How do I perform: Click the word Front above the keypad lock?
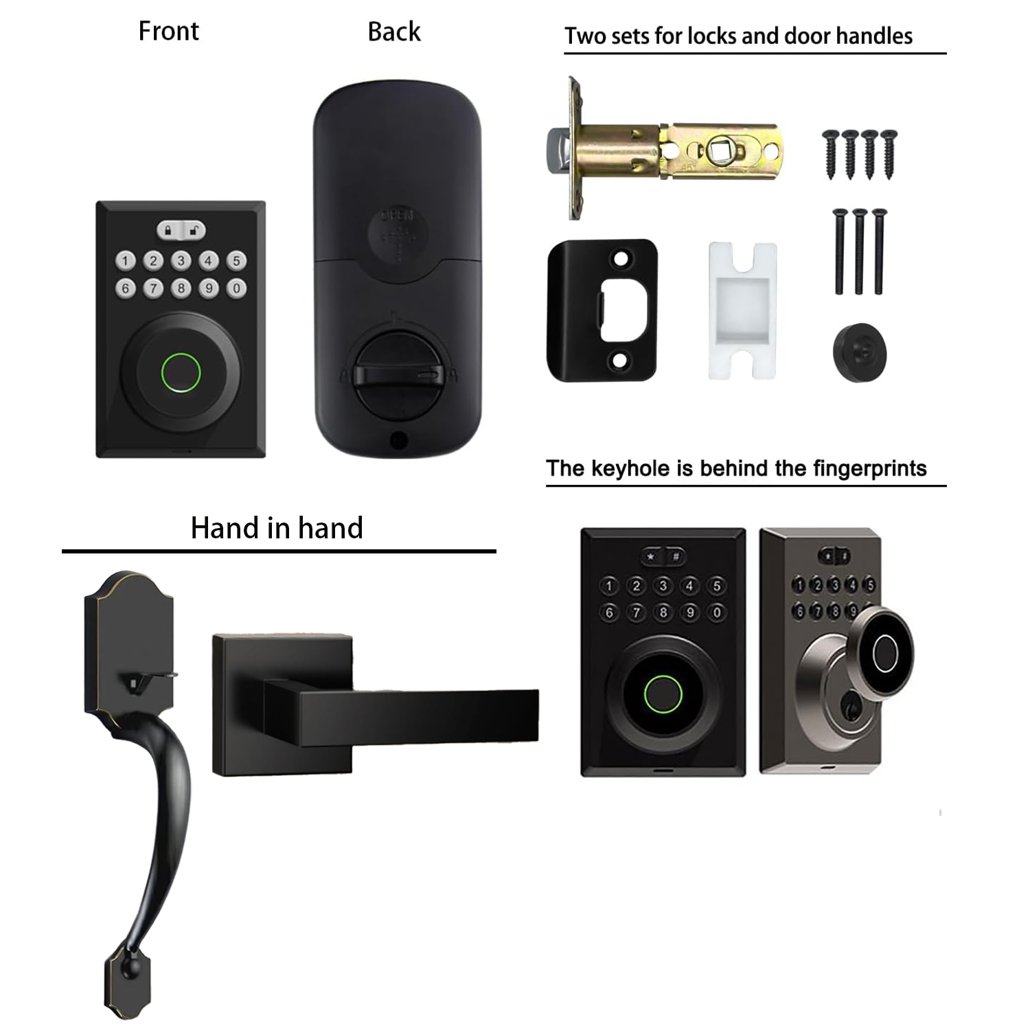(x=168, y=32)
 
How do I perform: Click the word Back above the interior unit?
(x=393, y=32)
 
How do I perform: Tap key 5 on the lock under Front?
(x=236, y=261)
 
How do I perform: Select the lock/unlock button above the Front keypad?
(x=181, y=230)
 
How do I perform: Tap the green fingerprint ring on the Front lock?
(x=181, y=372)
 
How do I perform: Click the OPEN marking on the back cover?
(x=398, y=215)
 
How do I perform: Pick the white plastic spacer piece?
(x=742, y=310)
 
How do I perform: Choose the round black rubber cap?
(x=859, y=353)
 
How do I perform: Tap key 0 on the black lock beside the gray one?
(x=717, y=612)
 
